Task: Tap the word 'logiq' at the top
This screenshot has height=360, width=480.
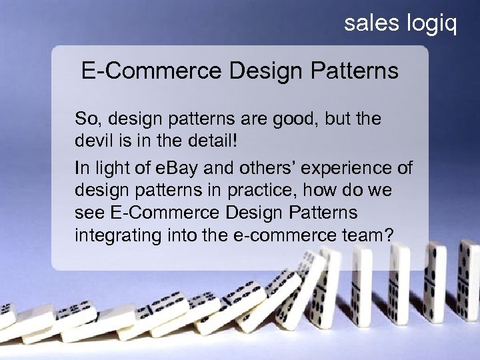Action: [431, 25]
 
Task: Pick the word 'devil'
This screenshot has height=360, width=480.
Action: [91, 142]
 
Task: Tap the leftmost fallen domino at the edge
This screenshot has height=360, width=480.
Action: [7, 317]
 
